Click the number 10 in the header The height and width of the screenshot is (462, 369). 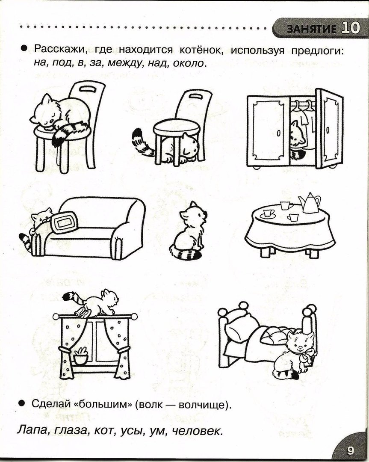pos(350,29)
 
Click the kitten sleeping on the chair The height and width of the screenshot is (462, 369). pos(60,113)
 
